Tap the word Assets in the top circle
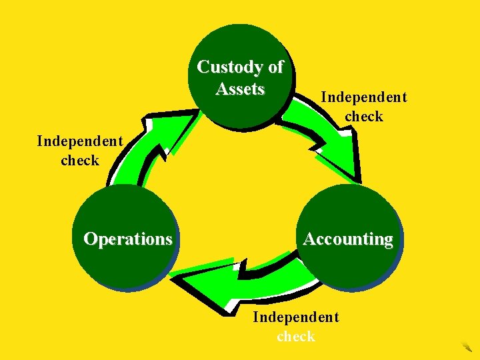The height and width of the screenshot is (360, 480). [240, 89]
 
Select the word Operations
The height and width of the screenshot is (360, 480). [127, 239]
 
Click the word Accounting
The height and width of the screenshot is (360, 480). [348, 239]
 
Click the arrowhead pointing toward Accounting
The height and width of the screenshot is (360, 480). [337, 163]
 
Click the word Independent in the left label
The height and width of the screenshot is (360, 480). [79, 141]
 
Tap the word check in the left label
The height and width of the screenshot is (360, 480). [79, 160]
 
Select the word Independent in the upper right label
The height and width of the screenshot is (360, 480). [363, 97]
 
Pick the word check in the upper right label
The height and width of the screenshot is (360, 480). [363, 116]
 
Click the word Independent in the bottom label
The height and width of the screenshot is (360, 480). [295, 317]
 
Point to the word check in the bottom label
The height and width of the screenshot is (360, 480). [295, 336]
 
